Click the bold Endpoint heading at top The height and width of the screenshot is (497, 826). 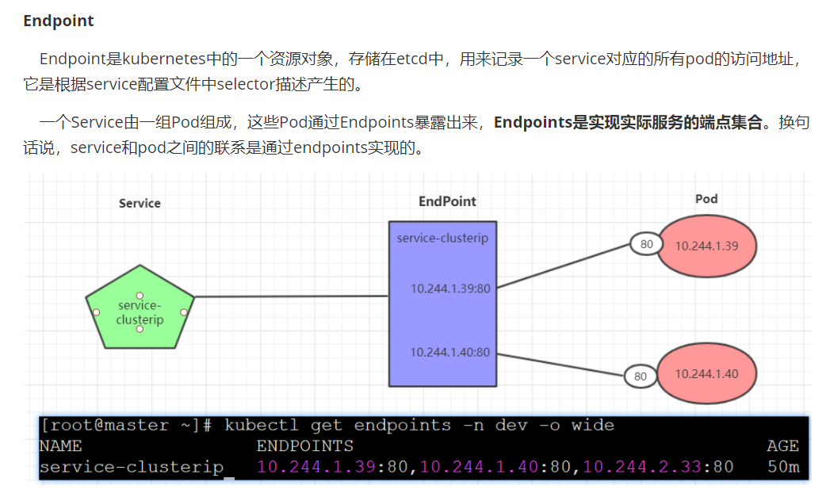[x=59, y=21]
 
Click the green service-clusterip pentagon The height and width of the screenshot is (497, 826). [x=140, y=309]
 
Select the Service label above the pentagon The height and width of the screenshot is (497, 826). [x=140, y=203]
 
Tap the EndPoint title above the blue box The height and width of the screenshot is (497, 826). [x=447, y=201]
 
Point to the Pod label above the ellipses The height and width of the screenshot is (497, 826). [x=706, y=198]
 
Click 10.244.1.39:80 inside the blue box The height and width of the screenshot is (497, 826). [x=450, y=289]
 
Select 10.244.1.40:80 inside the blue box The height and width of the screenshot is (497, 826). [x=450, y=352]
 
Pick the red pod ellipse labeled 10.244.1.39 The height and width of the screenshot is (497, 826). [x=707, y=246]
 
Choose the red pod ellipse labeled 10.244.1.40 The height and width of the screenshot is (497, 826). [x=707, y=374]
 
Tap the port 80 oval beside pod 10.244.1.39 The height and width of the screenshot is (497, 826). [x=647, y=244]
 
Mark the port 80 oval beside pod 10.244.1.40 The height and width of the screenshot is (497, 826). [x=641, y=377]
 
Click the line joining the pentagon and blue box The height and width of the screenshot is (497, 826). [x=291, y=296]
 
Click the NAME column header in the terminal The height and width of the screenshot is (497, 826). [x=60, y=446]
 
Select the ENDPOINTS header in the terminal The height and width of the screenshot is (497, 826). [x=304, y=446]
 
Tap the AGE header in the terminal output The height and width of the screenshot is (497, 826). [x=782, y=446]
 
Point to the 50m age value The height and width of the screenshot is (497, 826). [x=782, y=467]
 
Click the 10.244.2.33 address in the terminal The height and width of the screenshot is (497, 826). [x=641, y=467]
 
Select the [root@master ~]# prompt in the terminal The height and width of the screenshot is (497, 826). [x=126, y=426]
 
